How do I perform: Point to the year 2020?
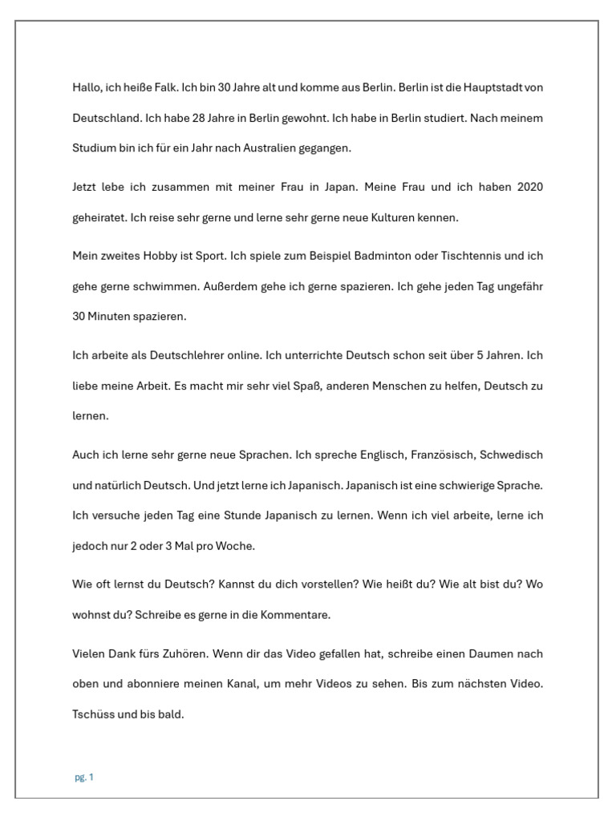coord(530,187)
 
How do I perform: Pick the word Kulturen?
coord(410,217)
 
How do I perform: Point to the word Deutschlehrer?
coord(165,355)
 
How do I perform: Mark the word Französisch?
coord(441,455)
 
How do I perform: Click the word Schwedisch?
coord(512,455)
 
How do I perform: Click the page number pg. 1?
coord(84,777)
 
